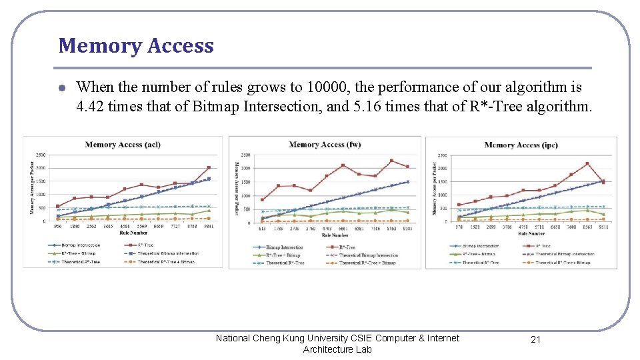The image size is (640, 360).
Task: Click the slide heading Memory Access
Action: pyautogui.click(x=136, y=45)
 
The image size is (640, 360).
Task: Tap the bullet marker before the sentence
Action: pyautogui.click(x=61, y=88)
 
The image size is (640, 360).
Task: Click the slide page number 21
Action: pyautogui.click(x=535, y=339)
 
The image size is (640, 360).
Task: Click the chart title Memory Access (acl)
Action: pyautogui.click(x=123, y=145)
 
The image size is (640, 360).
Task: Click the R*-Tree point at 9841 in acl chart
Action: pyautogui.click(x=209, y=167)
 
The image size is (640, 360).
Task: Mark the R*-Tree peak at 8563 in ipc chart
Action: pyautogui.click(x=587, y=163)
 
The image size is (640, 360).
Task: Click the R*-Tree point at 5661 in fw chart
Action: pyautogui.click(x=343, y=165)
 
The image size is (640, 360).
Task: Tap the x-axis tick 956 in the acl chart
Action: pyautogui.click(x=58, y=227)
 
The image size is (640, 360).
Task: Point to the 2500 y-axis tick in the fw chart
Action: pyautogui.click(x=245, y=155)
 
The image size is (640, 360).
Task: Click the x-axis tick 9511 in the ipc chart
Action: pyautogui.click(x=603, y=227)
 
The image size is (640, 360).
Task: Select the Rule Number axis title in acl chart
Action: pyautogui.click(x=133, y=233)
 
